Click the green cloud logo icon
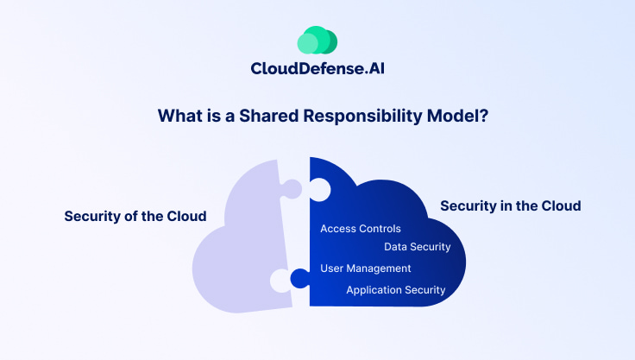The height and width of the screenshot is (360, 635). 317,41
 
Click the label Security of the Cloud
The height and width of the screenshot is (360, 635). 135,216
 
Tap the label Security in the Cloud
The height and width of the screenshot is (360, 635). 510,205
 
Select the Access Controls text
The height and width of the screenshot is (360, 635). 361,229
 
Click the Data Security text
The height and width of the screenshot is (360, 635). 418,247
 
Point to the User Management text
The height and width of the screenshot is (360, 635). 366,268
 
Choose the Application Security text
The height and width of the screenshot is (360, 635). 396,290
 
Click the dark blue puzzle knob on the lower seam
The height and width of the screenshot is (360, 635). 299,279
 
